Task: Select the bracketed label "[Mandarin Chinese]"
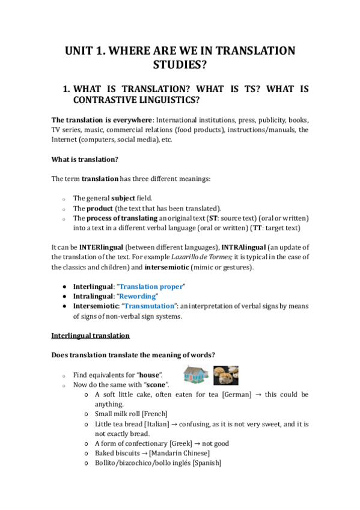coord(180,453)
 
